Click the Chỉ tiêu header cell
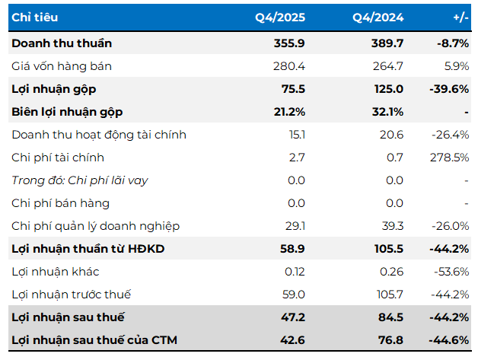pyautogui.click(x=34, y=17)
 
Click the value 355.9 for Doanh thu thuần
pyautogui.click(x=290, y=43)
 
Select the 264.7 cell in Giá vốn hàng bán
pyautogui.click(x=388, y=66)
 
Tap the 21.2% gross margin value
pyautogui.click(x=290, y=112)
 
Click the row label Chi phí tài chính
pyautogui.click(x=58, y=158)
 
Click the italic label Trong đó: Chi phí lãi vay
pyautogui.click(x=80, y=180)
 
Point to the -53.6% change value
pyautogui.click(x=451, y=272)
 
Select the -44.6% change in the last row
pyautogui.click(x=451, y=340)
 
